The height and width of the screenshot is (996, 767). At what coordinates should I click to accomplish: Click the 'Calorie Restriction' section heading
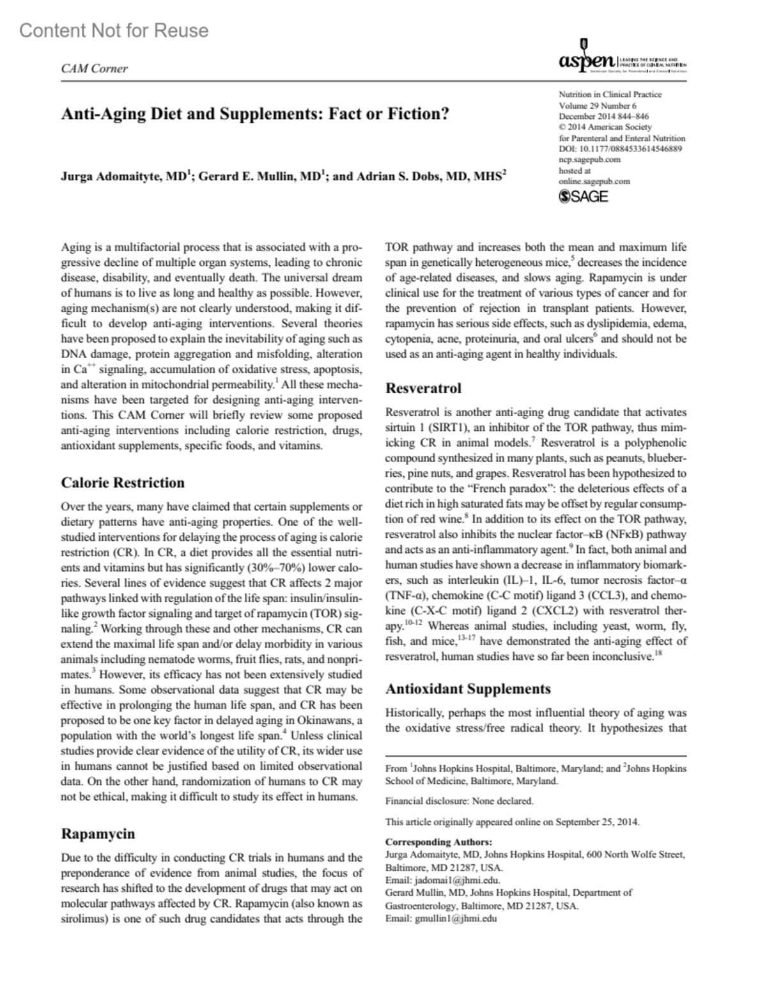click(123, 483)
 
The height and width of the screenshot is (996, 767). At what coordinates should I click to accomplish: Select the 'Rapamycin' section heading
click(98, 834)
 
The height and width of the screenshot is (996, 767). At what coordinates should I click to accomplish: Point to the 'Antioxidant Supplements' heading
click(468, 689)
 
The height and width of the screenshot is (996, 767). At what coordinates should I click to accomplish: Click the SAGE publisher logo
click(583, 197)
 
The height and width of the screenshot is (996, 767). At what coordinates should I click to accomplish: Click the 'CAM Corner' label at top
click(94, 68)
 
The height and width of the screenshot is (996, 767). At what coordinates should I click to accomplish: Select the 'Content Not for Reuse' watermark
click(114, 31)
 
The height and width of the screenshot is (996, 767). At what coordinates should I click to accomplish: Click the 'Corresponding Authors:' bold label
click(438, 842)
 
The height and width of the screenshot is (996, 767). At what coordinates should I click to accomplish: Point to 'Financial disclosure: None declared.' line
click(459, 800)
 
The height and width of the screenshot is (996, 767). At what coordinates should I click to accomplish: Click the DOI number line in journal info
click(620, 149)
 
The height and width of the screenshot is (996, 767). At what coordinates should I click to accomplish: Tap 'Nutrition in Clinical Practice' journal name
click(610, 95)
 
